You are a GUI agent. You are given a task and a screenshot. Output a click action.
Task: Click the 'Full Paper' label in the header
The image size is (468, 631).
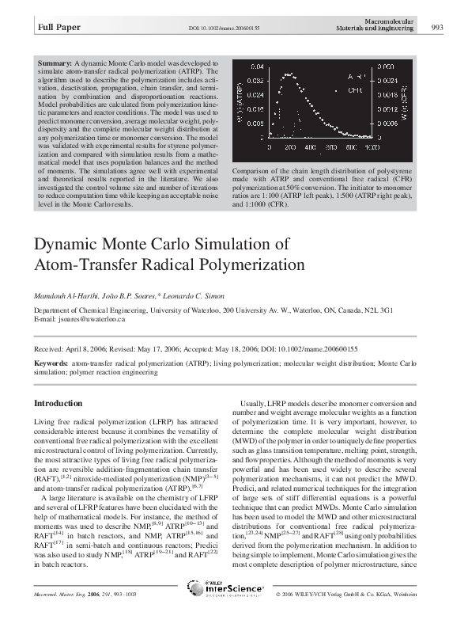[x=55, y=29]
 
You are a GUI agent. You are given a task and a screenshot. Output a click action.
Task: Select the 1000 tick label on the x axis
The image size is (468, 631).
[x=372, y=147]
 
